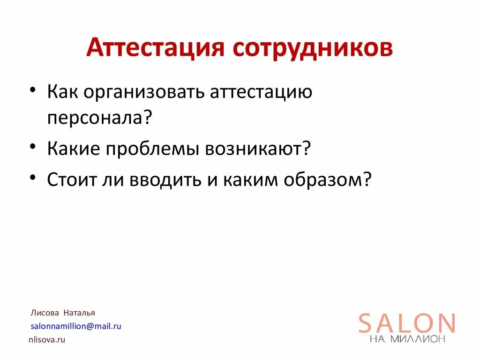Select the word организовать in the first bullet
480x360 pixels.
coord(146,92)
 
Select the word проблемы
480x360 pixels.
coord(153,150)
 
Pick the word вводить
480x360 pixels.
coord(158,180)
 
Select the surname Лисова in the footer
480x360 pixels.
coord(45,313)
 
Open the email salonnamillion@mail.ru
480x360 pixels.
coord(76,326)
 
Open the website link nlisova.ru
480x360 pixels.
coord(47,340)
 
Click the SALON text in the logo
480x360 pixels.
coord(407,323)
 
